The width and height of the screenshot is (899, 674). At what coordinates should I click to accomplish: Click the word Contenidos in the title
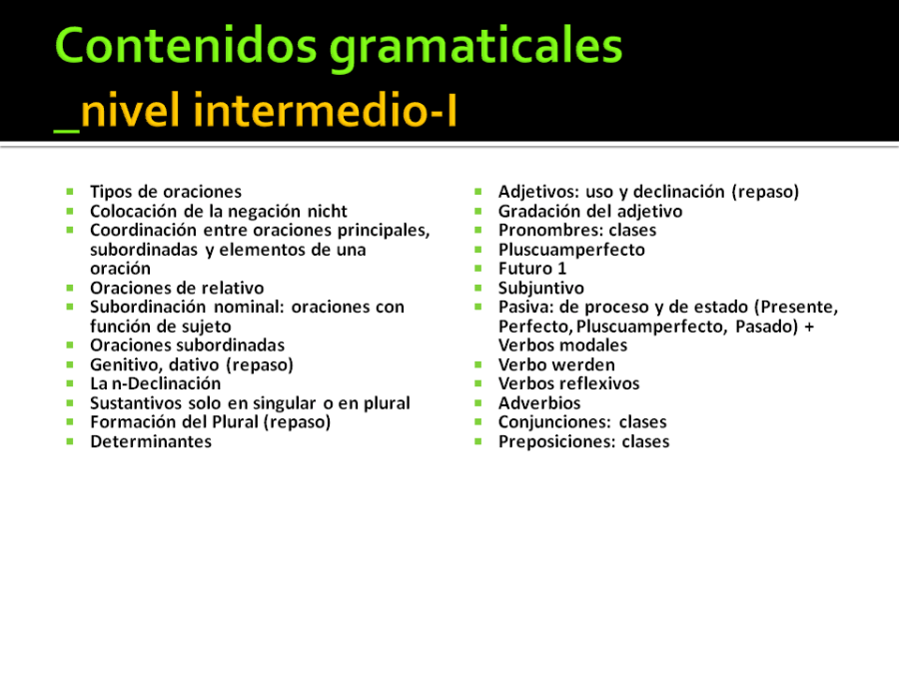186,46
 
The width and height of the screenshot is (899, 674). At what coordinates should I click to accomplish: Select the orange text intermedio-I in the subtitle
325,109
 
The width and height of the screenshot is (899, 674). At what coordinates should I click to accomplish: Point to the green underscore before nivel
67,131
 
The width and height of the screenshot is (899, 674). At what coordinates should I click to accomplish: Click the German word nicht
328,211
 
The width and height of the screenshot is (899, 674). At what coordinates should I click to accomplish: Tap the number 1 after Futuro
561,269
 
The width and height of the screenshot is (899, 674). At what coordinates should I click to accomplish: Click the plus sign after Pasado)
809,327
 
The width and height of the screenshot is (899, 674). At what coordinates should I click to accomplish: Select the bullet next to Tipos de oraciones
70,192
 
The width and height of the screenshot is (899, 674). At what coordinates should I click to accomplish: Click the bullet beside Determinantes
70,441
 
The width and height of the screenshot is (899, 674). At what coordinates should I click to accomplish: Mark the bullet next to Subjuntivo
478,288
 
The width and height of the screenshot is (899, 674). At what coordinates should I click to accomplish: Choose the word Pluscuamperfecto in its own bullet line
571,250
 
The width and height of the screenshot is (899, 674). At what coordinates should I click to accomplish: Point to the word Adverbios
539,403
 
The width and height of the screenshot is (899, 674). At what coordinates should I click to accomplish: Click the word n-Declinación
166,383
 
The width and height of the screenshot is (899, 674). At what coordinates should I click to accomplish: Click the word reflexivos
603,383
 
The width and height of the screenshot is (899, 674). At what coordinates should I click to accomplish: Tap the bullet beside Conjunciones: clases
478,421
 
